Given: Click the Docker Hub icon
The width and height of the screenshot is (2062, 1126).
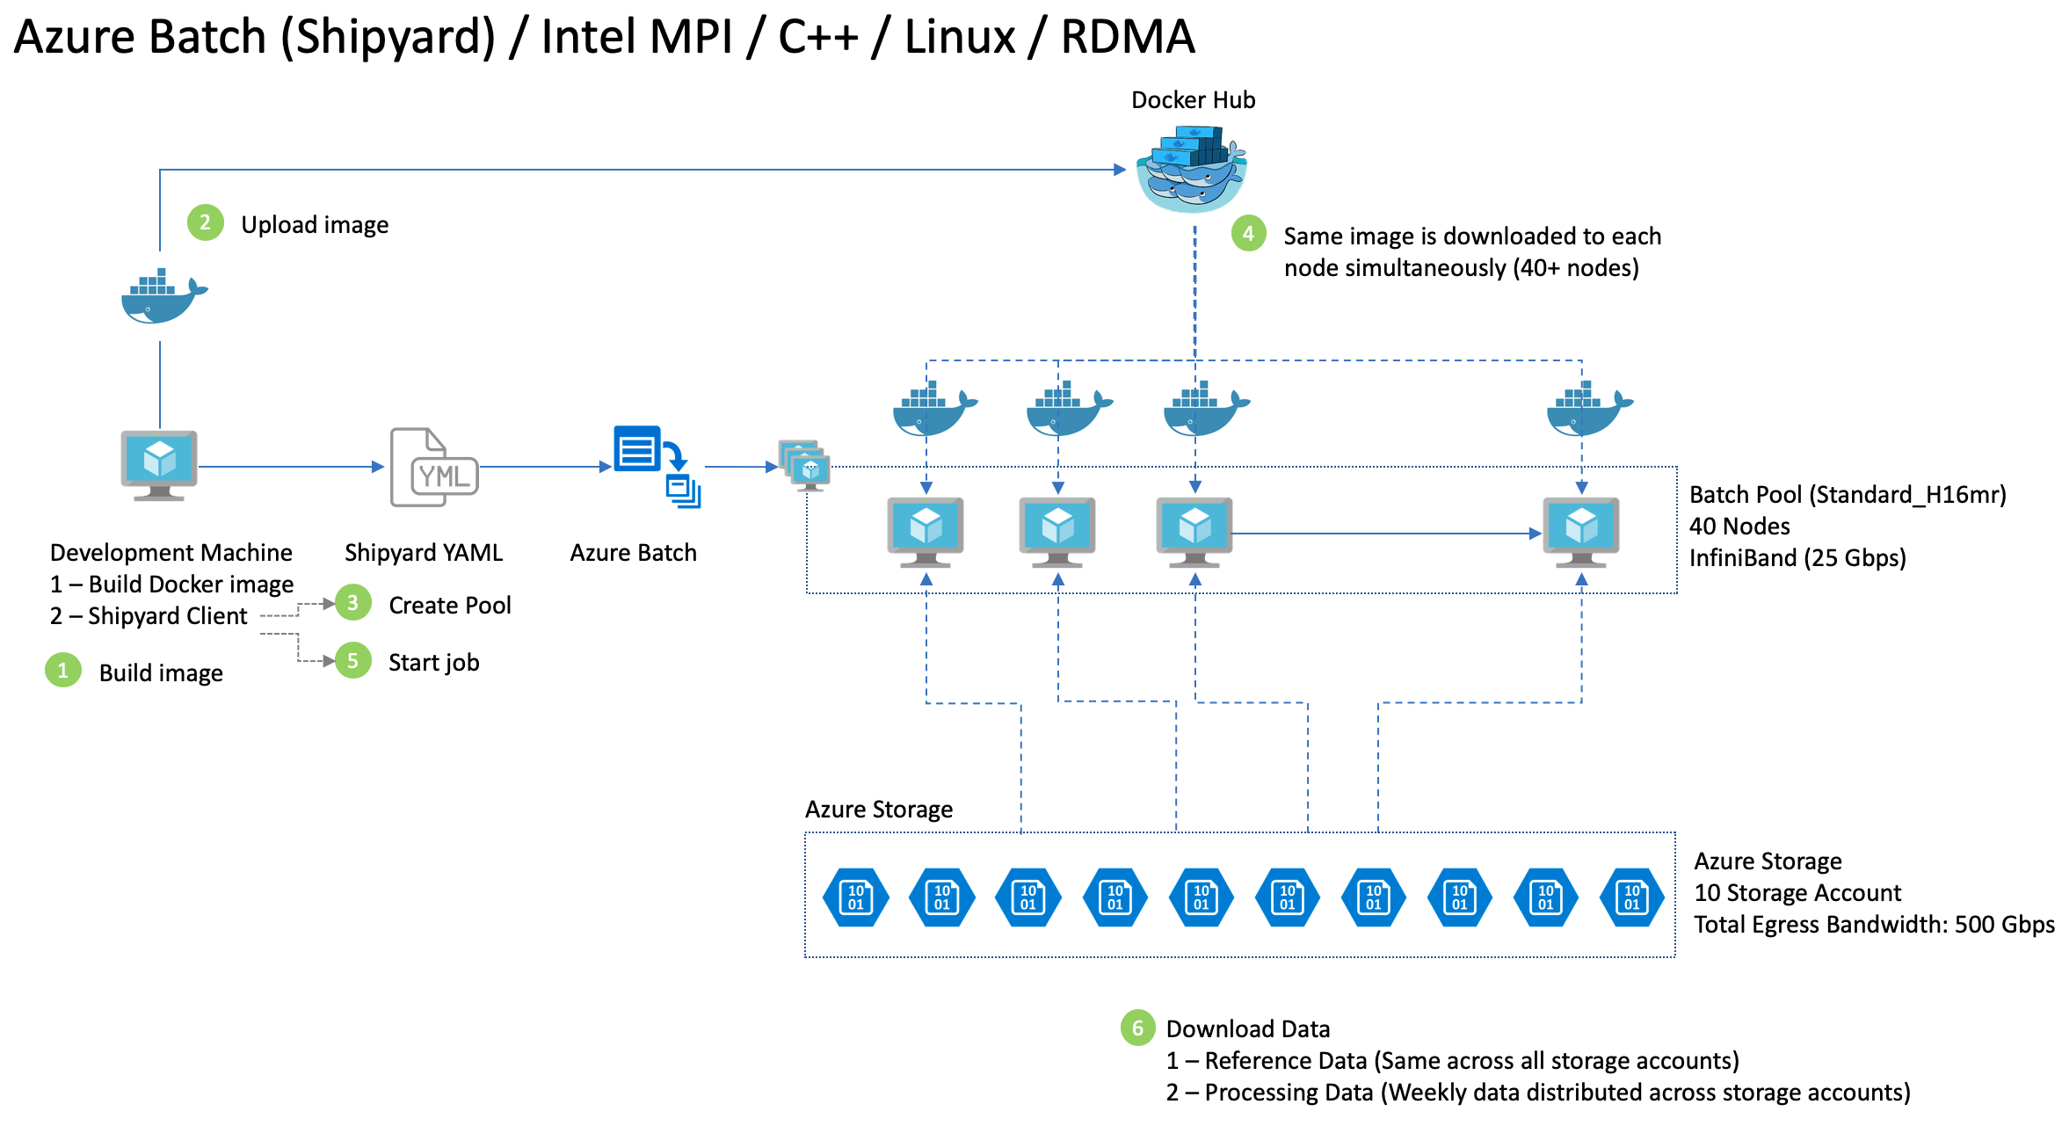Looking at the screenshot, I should coord(1192,169).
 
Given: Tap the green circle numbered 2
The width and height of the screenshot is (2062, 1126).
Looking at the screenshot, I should coord(205,223).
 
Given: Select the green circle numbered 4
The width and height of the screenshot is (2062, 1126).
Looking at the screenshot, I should coord(1248,234).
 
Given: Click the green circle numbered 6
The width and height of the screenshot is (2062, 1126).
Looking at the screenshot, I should coord(1137,1028).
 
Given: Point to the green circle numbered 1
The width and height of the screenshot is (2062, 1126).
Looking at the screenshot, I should coord(62,671).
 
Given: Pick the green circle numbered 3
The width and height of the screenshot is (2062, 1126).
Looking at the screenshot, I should coord(352,603).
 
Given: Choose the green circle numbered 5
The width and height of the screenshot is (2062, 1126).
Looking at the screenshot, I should coord(352,660).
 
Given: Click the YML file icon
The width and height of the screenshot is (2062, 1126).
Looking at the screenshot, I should coord(434,468).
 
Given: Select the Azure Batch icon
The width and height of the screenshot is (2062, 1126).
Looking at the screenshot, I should coord(655,466).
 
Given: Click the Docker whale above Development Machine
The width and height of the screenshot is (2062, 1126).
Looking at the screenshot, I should coord(163,297).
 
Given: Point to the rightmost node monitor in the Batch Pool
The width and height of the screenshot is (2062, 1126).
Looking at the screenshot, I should coord(1580,531).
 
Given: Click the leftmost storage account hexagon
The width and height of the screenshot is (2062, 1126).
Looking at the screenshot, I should coord(855,897).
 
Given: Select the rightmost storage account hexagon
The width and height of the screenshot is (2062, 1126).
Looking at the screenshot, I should coord(1631,897).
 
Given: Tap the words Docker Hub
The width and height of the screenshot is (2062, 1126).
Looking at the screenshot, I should coord(1193,100).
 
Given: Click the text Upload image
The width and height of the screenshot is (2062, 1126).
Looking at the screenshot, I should coord(315,225).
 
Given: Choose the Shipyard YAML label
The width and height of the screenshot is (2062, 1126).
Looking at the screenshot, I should coord(424,553).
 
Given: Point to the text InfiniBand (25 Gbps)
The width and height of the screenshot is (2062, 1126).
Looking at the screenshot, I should coord(1797,558).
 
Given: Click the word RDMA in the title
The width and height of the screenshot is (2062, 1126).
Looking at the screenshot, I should coord(1128,37).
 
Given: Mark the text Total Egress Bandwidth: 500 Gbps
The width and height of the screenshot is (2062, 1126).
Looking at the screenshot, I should coord(1874,925).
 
